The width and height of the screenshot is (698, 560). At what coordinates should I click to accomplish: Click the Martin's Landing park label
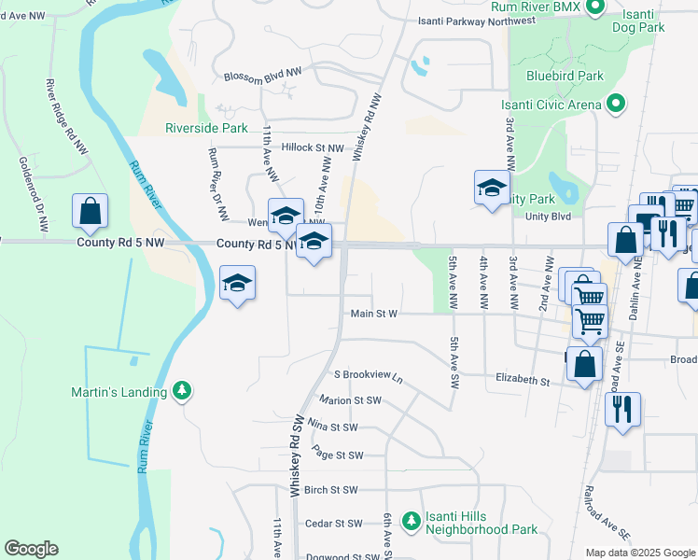point(119,392)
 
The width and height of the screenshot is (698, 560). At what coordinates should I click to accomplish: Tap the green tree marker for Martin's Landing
point(183,391)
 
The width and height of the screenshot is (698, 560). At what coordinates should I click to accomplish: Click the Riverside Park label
point(206,128)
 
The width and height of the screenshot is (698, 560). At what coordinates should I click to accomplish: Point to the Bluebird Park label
point(565,76)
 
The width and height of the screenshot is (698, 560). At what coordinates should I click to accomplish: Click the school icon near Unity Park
point(492,189)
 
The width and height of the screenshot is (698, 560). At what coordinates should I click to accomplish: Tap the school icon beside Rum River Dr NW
point(238,283)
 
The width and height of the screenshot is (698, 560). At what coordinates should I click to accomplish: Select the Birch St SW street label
point(330,489)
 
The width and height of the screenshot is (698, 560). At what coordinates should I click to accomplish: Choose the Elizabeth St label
point(523,381)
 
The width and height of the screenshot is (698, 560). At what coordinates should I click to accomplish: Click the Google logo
point(31,549)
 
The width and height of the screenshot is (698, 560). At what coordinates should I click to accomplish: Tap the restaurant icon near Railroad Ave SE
point(621,409)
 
